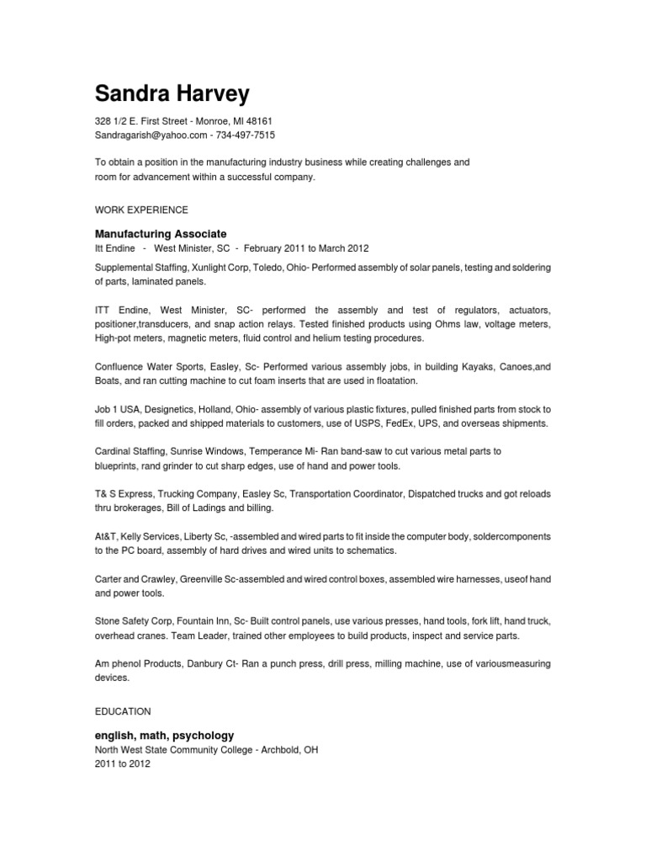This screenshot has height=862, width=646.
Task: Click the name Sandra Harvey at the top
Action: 172,92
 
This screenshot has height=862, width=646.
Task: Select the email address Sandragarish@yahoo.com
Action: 151,135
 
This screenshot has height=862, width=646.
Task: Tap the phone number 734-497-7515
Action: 246,135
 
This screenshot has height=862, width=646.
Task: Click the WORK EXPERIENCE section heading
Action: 141,210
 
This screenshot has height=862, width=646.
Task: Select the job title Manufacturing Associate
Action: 161,233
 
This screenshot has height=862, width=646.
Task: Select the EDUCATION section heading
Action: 122,711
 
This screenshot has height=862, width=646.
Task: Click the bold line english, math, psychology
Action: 164,735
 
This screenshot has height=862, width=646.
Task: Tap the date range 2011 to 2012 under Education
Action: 122,764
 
